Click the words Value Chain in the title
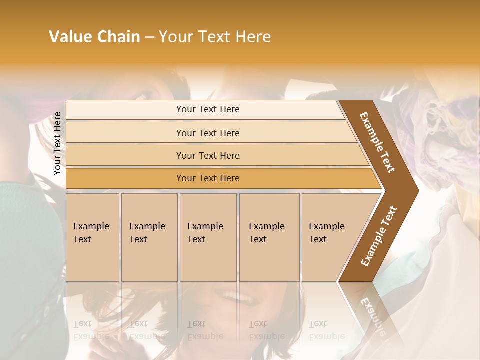point(94,37)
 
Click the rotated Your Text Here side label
point(58,143)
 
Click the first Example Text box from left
point(92,237)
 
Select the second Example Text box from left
point(149,237)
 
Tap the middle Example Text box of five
point(208,237)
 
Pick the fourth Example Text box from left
point(269,237)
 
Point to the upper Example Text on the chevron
point(377,142)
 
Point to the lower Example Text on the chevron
point(379,236)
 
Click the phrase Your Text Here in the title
point(215,37)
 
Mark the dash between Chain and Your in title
point(149,37)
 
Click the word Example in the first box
point(91,226)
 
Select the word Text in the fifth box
point(318,239)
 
